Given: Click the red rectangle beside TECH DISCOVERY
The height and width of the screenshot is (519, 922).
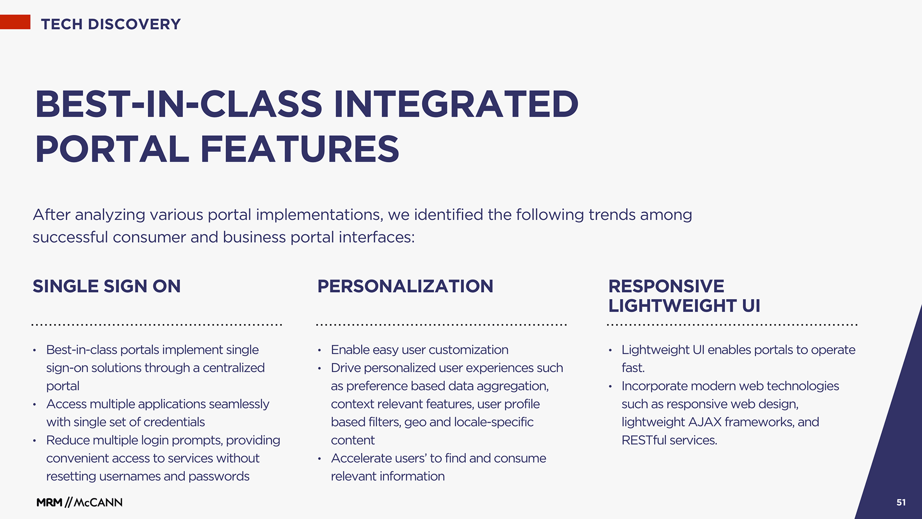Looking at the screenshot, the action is click(15, 22).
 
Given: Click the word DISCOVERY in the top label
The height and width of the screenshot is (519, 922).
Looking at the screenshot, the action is click(134, 24).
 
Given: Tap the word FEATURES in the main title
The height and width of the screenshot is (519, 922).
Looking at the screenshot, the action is click(300, 149).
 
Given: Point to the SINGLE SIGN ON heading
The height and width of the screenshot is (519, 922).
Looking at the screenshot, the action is click(107, 286).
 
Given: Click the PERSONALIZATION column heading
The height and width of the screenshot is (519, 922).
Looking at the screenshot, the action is click(405, 286).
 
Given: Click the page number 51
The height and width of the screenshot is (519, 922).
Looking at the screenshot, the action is click(901, 502).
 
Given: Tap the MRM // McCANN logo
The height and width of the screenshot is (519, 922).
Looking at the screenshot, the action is click(80, 502).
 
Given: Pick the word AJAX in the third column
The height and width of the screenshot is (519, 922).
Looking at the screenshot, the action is click(705, 422).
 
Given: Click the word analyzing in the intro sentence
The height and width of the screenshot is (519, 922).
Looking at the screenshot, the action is click(110, 215).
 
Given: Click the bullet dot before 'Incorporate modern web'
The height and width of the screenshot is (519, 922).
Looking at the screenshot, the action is click(610, 386).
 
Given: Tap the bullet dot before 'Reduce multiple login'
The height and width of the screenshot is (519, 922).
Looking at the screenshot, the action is click(35, 441).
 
